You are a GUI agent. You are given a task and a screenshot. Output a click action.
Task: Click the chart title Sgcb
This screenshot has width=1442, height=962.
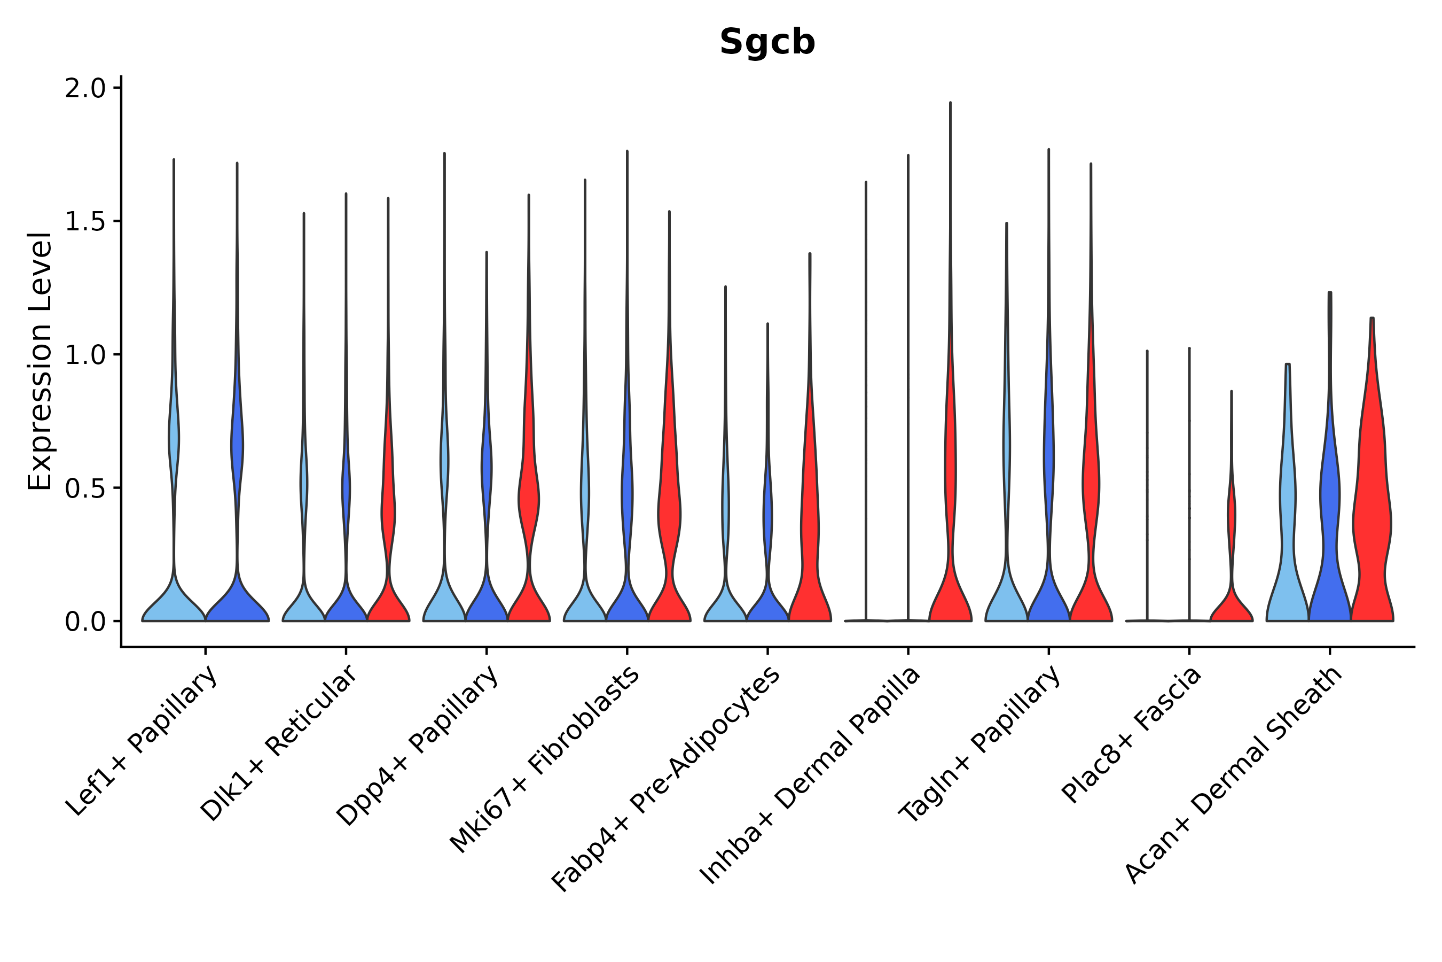tap(767, 42)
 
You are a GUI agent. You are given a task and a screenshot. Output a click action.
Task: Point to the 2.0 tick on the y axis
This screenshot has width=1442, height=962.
tap(85, 89)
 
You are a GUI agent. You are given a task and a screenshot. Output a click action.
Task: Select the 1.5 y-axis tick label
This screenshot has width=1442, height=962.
tap(85, 222)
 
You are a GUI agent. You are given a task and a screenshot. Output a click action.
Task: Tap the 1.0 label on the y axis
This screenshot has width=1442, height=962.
tap(85, 355)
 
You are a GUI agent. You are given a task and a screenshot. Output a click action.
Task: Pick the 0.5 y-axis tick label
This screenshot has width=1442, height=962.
tap(85, 488)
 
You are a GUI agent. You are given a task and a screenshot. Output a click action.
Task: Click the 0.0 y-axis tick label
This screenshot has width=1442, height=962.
tap(85, 622)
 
